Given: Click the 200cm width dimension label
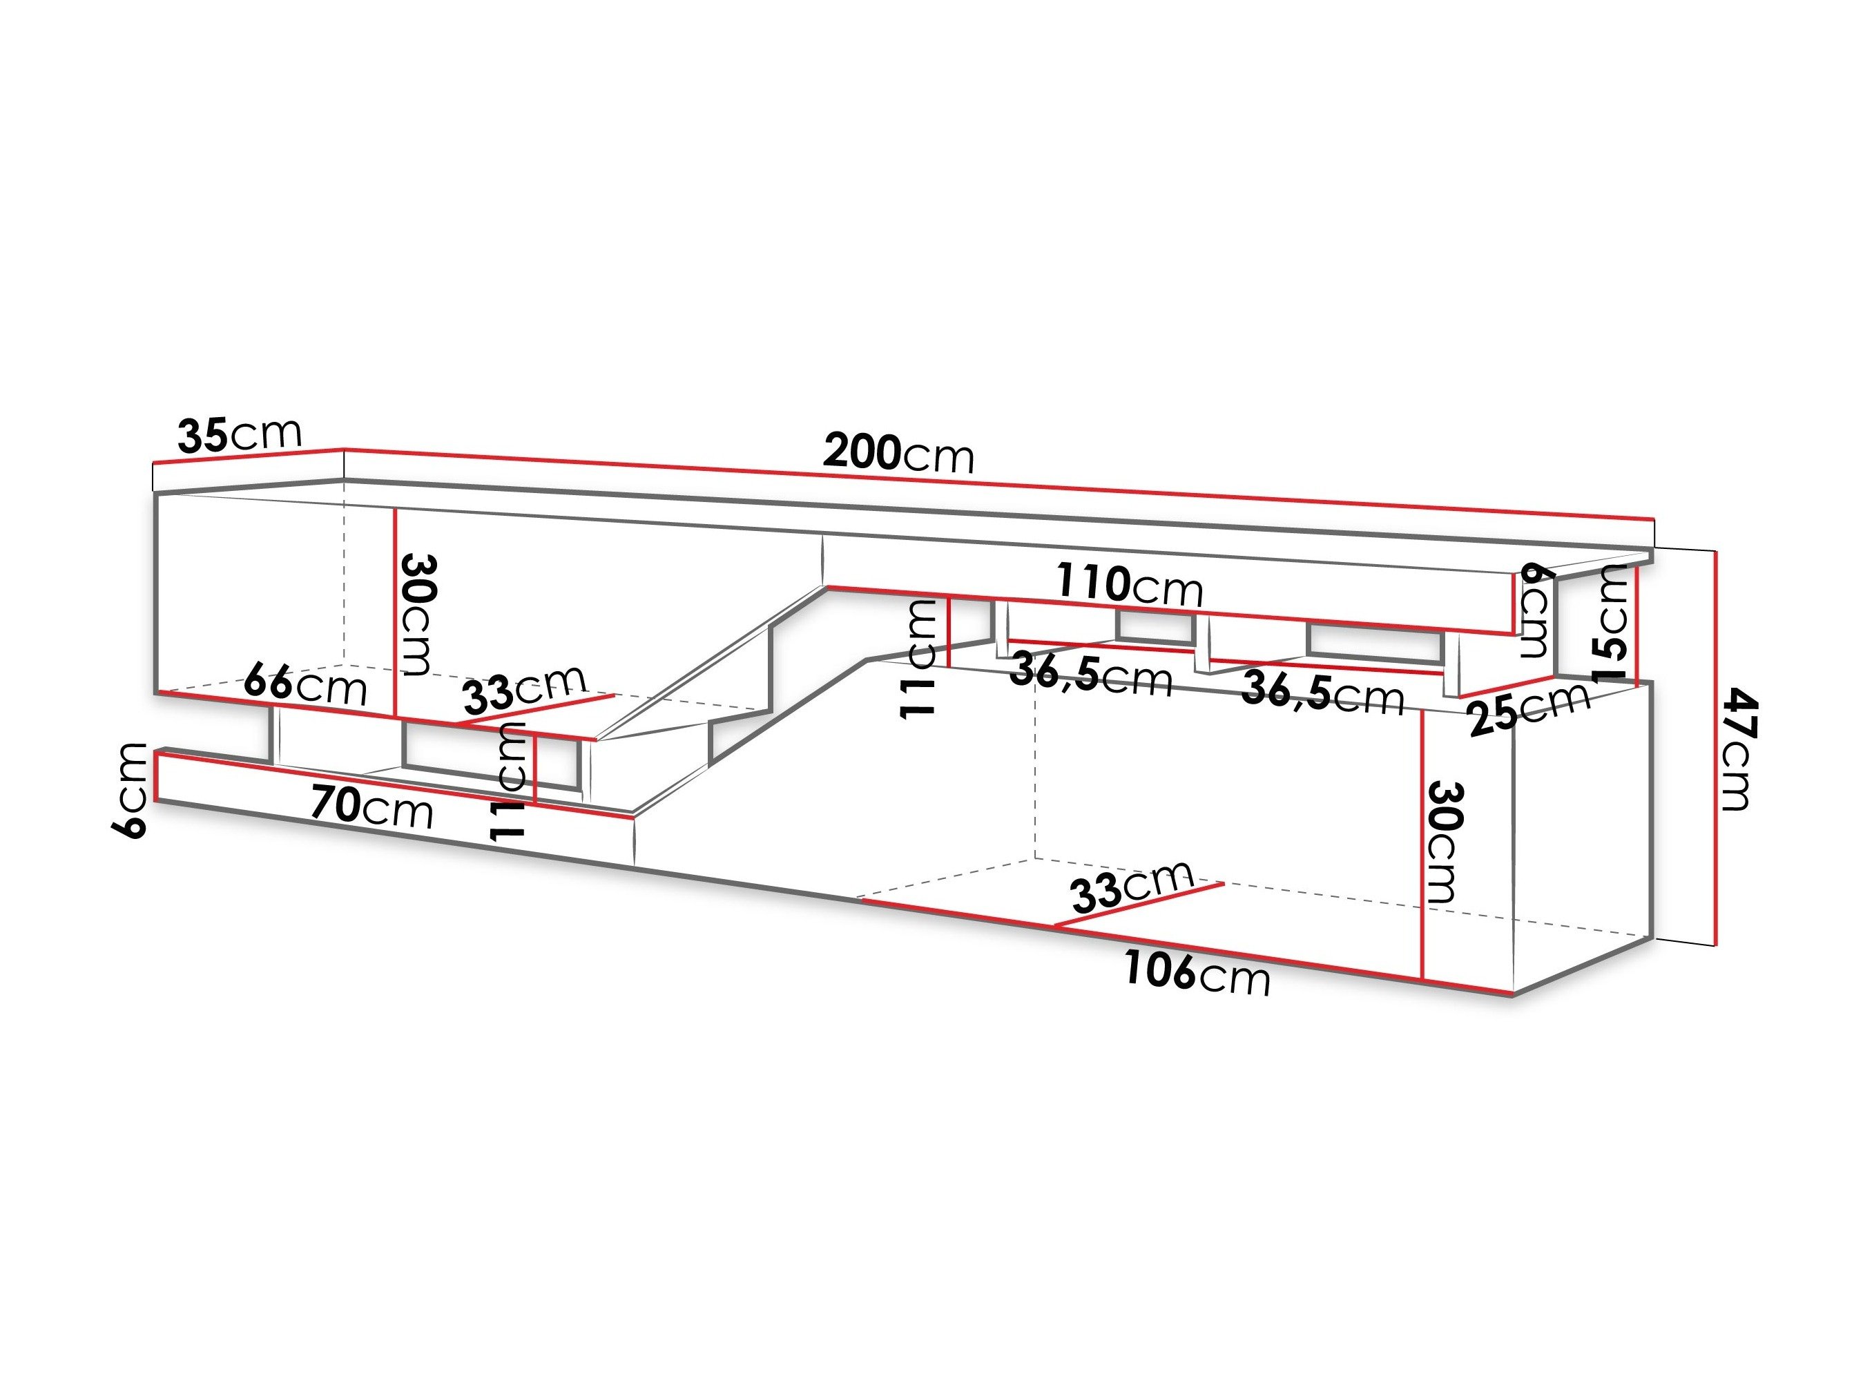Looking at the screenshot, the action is [898, 453].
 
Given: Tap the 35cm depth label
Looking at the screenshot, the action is [239, 434].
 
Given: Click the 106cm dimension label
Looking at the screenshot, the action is [1197, 974].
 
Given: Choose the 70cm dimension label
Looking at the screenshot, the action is [371, 807].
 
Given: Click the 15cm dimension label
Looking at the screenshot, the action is [1612, 623].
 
